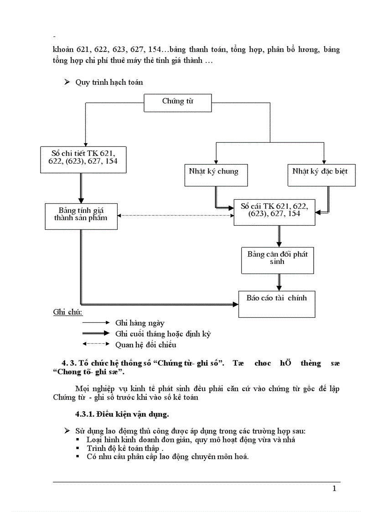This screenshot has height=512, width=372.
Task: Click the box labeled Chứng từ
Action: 177,103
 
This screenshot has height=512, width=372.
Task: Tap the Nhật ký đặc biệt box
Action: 321,174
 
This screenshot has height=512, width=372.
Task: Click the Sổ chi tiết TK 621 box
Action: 83,160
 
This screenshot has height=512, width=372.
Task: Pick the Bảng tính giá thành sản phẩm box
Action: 81,216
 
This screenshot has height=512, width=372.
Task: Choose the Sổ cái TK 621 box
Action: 274,212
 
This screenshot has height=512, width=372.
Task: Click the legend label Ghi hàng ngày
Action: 140,323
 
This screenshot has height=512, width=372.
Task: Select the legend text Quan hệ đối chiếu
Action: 145,345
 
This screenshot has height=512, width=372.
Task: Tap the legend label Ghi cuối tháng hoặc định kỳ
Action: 163,334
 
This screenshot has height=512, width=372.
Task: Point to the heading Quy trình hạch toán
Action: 109,83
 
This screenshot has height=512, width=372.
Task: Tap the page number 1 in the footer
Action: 334,489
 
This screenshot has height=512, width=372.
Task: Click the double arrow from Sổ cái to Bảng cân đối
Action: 279,236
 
